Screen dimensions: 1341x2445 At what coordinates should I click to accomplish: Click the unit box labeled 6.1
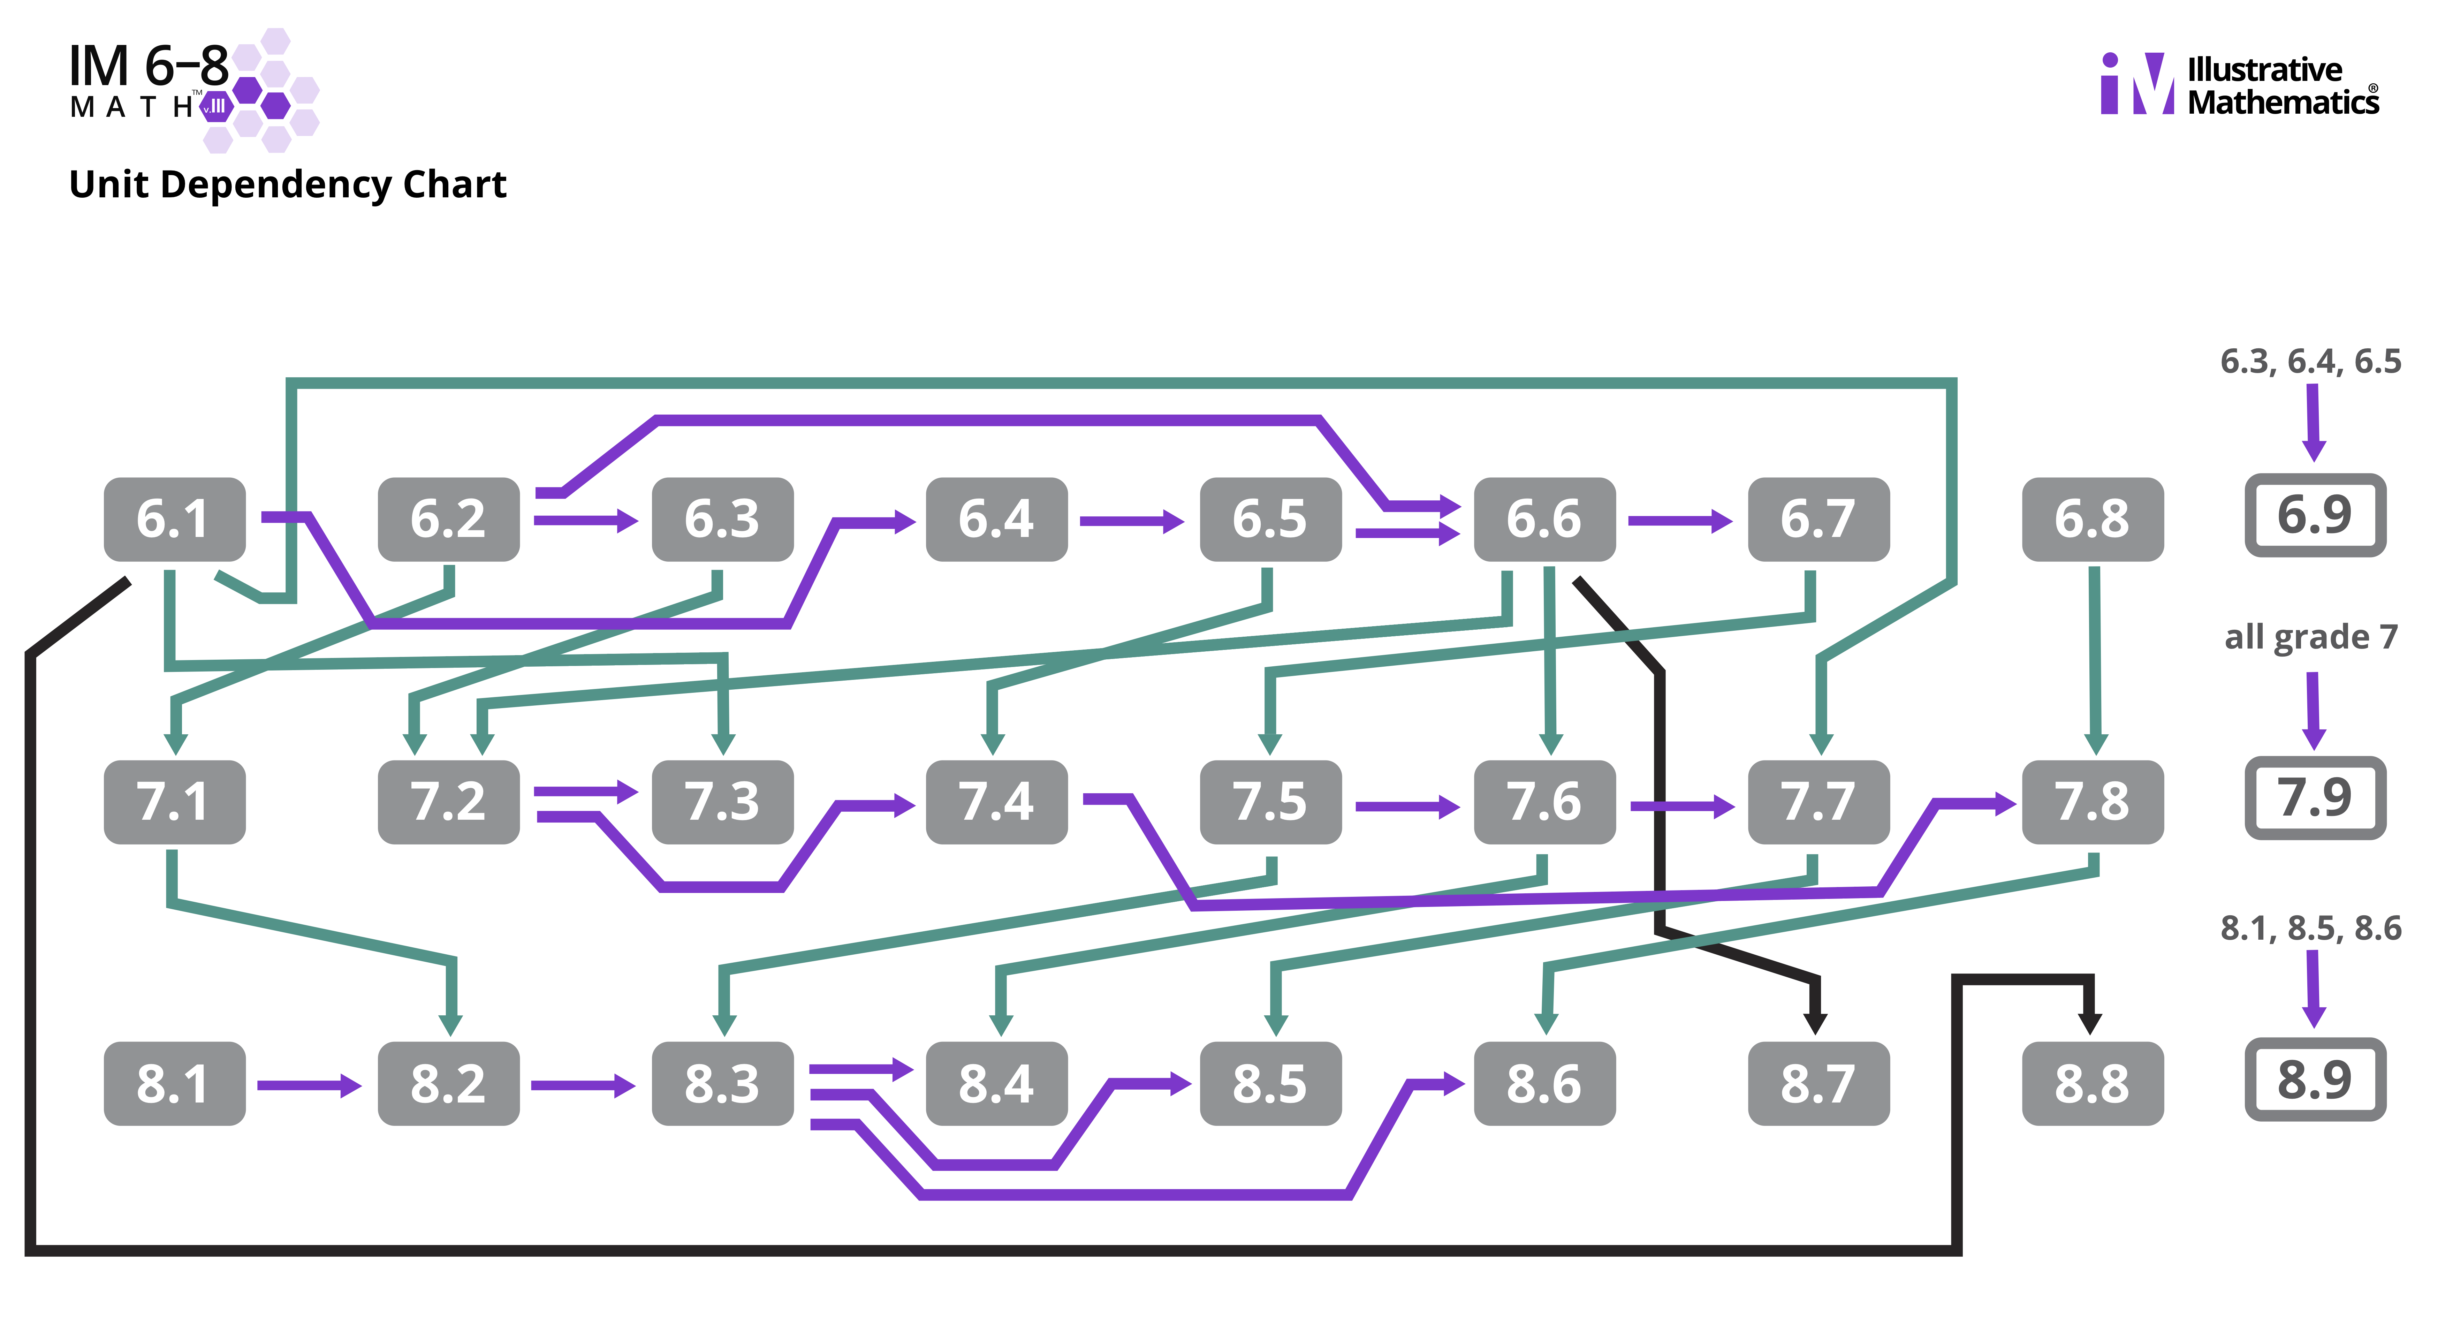tap(174, 519)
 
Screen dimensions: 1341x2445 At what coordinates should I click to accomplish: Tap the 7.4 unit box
tap(996, 802)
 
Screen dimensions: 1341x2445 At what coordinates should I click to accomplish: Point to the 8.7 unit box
tap(1817, 1084)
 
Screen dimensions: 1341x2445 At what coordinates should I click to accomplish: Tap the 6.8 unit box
tap(2092, 519)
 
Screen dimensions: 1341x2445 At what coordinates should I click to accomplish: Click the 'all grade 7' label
tap(2310, 637)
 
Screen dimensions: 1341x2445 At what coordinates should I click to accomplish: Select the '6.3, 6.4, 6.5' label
tap(2310, 362)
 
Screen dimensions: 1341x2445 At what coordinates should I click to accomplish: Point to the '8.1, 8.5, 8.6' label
tap(2310, 928)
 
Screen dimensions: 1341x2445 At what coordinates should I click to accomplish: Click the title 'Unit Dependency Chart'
tap(288, 184)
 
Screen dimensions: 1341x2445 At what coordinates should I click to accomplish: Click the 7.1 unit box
tap(174, 802)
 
